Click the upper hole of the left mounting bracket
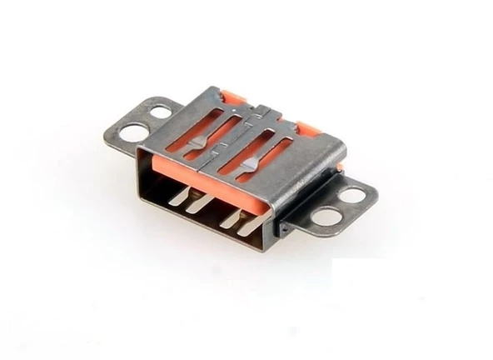point(159,112)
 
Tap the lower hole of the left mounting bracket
point(133,132)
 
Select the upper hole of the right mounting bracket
point(352,195)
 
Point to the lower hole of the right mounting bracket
point(327,217)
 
